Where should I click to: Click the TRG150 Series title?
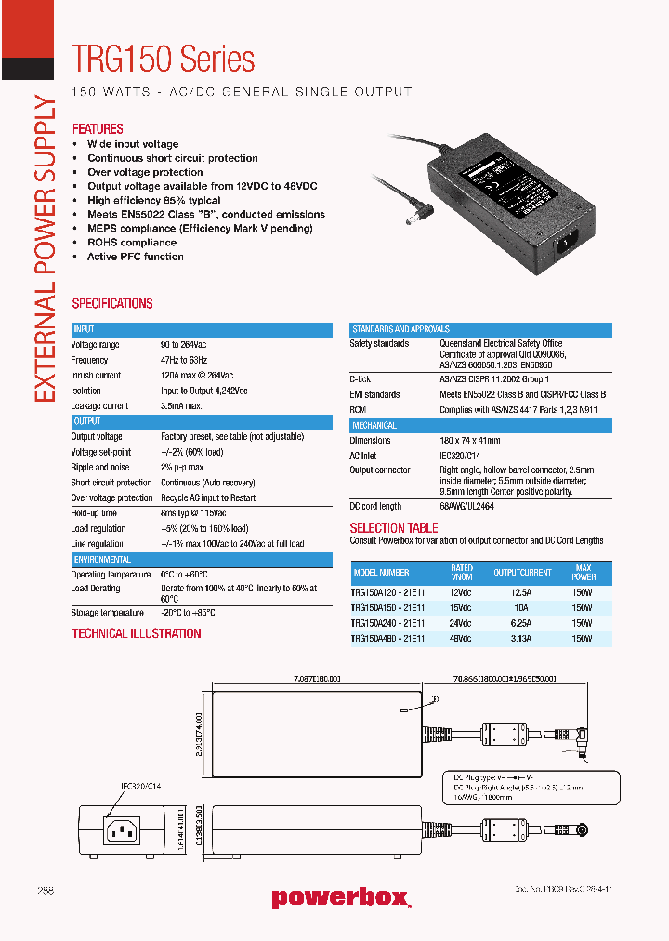pyautogui.click(x=164, y=60)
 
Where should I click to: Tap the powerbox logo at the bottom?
pyautogui.click(x=340, y=897)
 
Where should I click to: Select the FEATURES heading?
pyautogui.click(x=98, y=129)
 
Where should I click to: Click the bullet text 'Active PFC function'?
pyautogui.click(x=135, y=257)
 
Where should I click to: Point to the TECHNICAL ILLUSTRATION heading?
pyautogui.click(x=137, y=633)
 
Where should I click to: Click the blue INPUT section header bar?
pyautogui.click(x=202, y=329)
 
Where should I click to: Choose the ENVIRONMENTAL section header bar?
pyautogui.click(x=202, y=560)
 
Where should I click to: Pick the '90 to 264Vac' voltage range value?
pyautogui.click(x=183, y=345)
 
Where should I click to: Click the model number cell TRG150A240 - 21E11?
pyautogui.click(x=387, y=623)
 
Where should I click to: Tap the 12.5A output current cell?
pyautogui.click(x=522, y=591)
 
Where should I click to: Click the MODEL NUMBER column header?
pyautogui.click(x=381, y=573)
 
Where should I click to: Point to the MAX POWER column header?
pyautogui.click(x=583, y=573)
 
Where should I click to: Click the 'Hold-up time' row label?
pyautogui.click(x=94, y=513)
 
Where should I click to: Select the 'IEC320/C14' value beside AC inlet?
pyautogui.click(x=462, y=456)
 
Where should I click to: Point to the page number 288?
pyautogui.click(x=46, y=890)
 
